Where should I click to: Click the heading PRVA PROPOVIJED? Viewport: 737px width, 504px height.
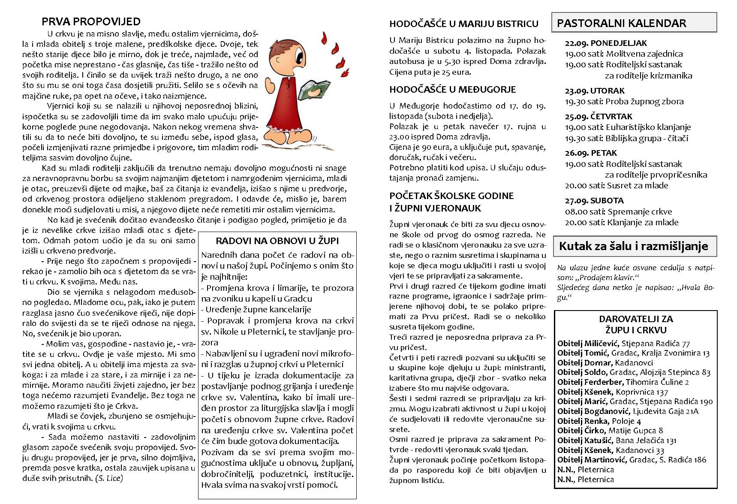[91, 21]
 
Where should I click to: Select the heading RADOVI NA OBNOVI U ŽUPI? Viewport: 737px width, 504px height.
[277, 241]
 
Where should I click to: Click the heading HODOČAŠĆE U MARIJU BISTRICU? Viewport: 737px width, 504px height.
[463, 24]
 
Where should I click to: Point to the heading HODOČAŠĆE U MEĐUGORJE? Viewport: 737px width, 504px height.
[452, 90]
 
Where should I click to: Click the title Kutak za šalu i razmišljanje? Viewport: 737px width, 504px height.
[634, 246]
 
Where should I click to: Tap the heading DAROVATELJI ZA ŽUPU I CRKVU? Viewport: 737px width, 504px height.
[636, 324]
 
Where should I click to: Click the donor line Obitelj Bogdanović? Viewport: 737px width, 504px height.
[628, 411]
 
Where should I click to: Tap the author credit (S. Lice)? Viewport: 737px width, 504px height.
[109, 478]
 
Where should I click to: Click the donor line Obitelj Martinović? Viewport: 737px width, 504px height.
[632, 459]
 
